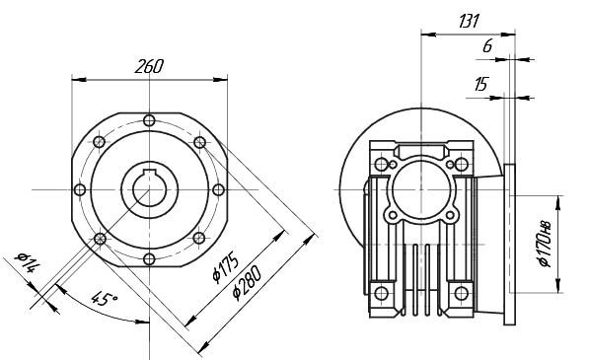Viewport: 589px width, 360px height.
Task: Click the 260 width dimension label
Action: (x=149, y=66)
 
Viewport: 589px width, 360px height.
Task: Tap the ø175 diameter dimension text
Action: (x=226, y=266)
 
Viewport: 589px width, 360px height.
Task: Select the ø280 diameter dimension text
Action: (x=247, y=283)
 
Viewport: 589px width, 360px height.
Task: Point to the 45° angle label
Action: (x=105, y=299)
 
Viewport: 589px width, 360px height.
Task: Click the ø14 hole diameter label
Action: (x=27, y=261)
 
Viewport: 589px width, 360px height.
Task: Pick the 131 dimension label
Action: (x=470, y=21)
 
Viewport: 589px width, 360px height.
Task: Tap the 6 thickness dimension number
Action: (x=487, y=45)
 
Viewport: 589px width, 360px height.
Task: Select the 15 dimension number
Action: (x=480, y=84)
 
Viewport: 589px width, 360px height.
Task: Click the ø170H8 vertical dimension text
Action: (x=545, y=244)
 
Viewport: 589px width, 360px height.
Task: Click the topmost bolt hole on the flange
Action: (x=149, y=120)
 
